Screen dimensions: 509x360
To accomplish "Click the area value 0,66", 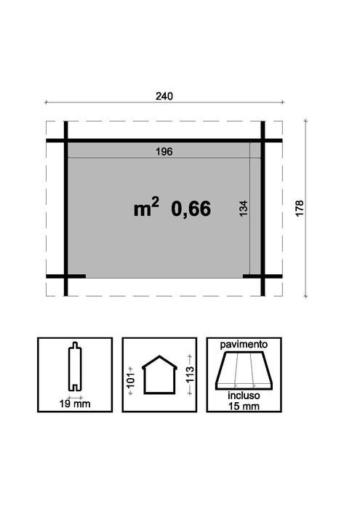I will point(191,209).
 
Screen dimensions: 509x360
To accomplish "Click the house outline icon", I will point(159,376).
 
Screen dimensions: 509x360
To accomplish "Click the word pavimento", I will point(241,342).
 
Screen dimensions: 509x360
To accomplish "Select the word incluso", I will point(241,397).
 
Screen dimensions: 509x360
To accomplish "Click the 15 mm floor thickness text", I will point(241,406).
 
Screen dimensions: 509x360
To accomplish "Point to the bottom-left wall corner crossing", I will point(65,276).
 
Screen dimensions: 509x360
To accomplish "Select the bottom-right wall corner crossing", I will point(263,276).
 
